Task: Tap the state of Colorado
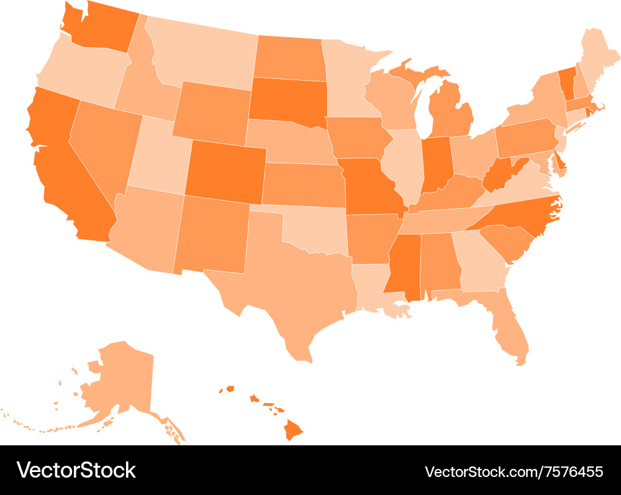(x=227, y=171)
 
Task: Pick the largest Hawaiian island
(x=294, y=429)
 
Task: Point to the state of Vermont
(x=566, y=83)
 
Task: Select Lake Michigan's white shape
(x=425, y=106)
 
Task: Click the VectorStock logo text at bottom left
(x=76, y=470)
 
